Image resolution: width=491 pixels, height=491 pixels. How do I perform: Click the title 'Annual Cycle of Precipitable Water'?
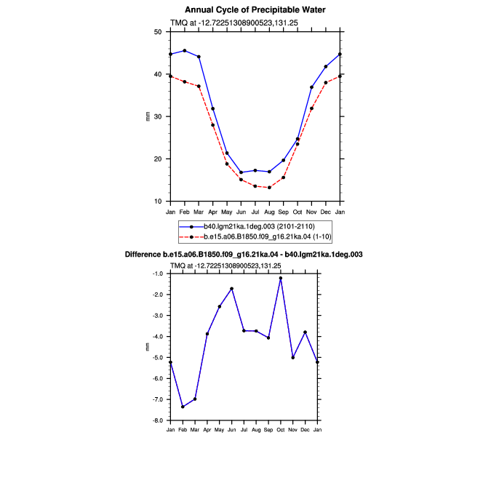tap(255, 10)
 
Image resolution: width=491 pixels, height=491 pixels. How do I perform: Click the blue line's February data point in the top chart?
tap(185, 50)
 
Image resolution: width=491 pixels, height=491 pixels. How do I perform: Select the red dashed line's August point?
tap(269, 188)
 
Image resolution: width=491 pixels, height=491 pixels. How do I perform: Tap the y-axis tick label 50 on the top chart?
tap(158, 32)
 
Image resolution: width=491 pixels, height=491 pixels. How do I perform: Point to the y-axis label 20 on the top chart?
tap(158, 159)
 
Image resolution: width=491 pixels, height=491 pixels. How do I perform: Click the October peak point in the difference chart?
tap(281, 278)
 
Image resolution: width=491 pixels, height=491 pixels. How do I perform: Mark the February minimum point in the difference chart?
tap(183, 407)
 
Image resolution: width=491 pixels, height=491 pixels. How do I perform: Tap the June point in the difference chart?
tap(232, 289)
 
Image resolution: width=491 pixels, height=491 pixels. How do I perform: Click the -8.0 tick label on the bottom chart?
tap(158, 420)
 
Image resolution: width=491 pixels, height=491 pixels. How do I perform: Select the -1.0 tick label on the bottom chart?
tap(158, 274)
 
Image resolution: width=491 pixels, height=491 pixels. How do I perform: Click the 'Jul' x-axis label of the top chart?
tap(255, 212)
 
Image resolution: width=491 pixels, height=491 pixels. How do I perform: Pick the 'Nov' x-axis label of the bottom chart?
tap(293, 430)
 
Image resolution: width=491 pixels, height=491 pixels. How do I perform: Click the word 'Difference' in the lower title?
tap(143, 255)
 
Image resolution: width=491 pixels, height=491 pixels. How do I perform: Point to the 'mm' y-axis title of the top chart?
tap(148, 116)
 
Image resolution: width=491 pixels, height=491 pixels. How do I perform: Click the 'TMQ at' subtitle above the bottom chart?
tap(181, 266)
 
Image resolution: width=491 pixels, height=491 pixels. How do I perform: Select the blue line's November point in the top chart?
tap(311, 87)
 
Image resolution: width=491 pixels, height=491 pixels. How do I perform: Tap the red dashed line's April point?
tap(213, 125)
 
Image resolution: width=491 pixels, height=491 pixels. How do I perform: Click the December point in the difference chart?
tap(305, 332)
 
